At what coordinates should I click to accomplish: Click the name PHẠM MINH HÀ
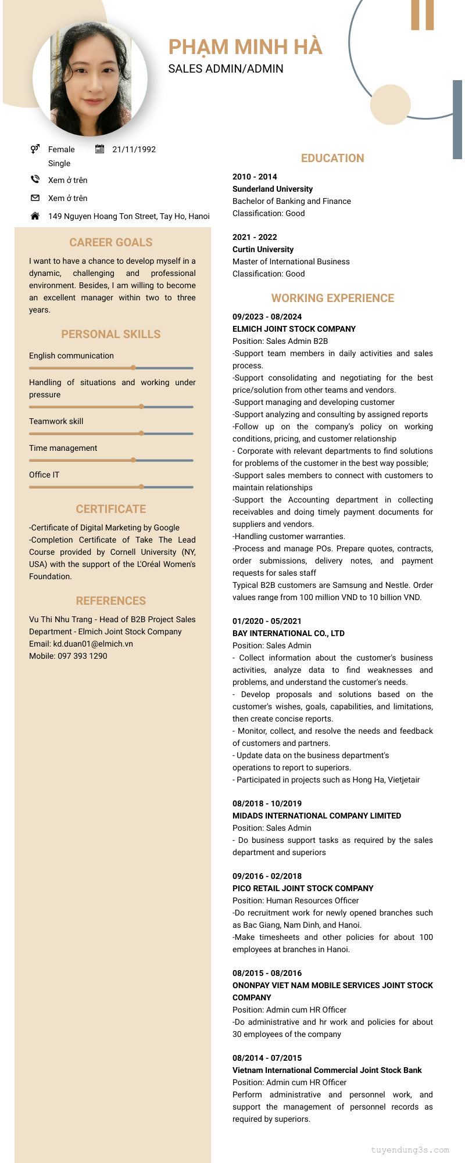pyautogui.click(x=245, y=47)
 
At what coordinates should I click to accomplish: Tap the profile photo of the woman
pyautogui.click(x=90, y=79)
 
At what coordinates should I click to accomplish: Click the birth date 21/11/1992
pyautogui.click(x=134, y=149)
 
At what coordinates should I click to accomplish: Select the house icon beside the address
pyautogui.click(x=35, y=216)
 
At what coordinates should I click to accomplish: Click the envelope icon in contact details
pyautogui.click(x=35, y=198)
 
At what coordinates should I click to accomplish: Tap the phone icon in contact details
pyautogui.click(x=35, y=180)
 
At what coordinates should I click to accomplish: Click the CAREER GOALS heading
pyautogui.click(x=111, y=242)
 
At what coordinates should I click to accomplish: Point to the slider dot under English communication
pyautogui.click(x=134, y=368)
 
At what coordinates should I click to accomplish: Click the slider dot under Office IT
pyautogui.click(x=141, y=487)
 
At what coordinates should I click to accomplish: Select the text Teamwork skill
pyautogui.click(x=56, y=421)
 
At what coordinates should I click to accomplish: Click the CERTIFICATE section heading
pyautogui.click(x=111, y=509)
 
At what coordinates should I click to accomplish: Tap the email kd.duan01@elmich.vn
pyautogui.click(x=93, y=644)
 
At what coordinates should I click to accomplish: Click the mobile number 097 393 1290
pyautogui.click(x=82, y=656)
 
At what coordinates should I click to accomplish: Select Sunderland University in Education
pyautogui.click(x=273, y=189)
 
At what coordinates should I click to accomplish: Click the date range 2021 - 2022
pyautogui.click(x=255, y=237)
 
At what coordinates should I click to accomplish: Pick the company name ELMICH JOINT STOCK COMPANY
pyautogui.click(x=294, y=329)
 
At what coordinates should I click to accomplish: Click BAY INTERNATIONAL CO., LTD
pyautogui.click(x=288, y=633)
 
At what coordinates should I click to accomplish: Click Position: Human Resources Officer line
pyautogui.click(x=295, y=900)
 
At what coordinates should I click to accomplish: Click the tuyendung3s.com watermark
pyautogui.click(x=410, y=1150)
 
